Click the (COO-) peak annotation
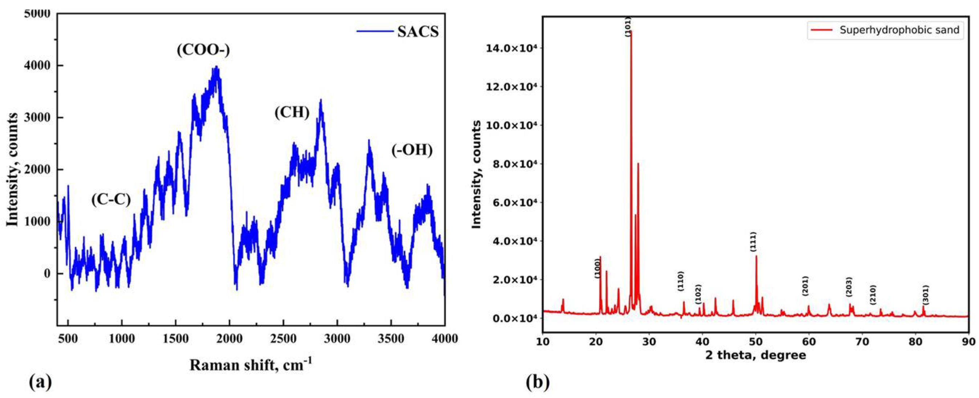[x=203, y=50]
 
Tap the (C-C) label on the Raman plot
[x=111, y=199]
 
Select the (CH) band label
[x=292, y=112]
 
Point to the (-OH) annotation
[x=412, y=150]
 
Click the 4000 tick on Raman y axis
[x=37, y=66]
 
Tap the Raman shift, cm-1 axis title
[x=250, y=365]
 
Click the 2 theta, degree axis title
[x=755, y=356]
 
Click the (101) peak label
[x=628, y=26]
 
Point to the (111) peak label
[x=753, y=241]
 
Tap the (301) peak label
[x=925, y=295]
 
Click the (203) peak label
[x=849, y=287]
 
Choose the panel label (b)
[x=538, y=383]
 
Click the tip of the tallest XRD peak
[x=631, y=31]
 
